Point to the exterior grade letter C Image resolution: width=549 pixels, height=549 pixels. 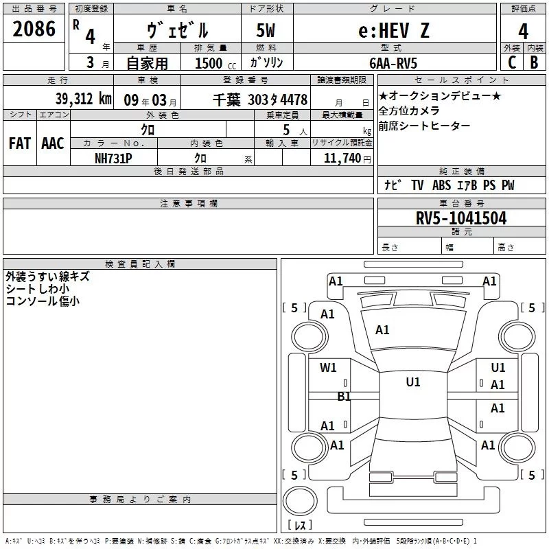coord(511,62)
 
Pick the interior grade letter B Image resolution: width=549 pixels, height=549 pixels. coord(534,62)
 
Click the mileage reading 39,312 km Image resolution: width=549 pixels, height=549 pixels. coord(83,99)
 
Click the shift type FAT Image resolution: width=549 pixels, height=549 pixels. coord(20,143)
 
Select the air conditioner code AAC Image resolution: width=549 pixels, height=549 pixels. coord(52,143)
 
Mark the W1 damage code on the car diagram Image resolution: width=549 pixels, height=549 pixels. coord(329,368)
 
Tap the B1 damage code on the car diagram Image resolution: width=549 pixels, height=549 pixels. coord(344,396)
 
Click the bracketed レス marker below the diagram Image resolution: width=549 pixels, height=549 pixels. coord(299,526)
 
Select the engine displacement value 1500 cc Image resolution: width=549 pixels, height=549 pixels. coord(213,63)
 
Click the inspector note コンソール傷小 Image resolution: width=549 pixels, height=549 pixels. coord(43,301)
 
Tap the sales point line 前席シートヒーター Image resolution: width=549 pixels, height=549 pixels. coord(425,126)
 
